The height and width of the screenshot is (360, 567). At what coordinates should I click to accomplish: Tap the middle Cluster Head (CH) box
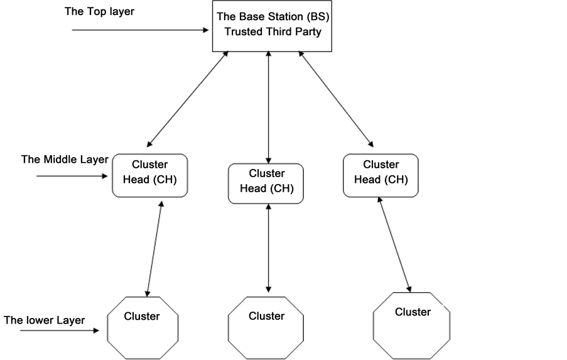pyautogui.click(x=266, y=183)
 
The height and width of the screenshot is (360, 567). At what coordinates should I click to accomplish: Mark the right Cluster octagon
pyautogui.click(x=412, y=323)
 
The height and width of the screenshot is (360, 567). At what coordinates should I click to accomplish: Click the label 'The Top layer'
pyautogui.click(x=99, y=11)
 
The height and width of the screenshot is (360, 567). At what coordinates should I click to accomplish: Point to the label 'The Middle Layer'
pyautogui.click(x=65, y=159)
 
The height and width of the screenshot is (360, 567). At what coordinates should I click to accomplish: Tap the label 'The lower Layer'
pyautogui.click(x=44, y=320)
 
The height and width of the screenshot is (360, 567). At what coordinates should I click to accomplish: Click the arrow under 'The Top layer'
pyautogui.click(x=140, y=30)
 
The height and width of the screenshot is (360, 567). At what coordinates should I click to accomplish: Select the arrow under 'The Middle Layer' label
pyautogui.click(x=73, y=177)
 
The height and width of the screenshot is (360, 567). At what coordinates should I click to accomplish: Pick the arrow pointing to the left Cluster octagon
pyautogui.click(x=60, y=329)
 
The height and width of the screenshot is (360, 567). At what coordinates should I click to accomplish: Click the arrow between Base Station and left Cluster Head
pyautogui.click(x=187, y=100)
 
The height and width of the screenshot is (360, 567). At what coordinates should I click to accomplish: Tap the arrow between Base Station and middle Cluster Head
pyautogui.click(x=269, y=107)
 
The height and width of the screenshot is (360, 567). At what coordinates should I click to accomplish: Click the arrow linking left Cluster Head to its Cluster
pyautogui.click(x=154, y=248)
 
